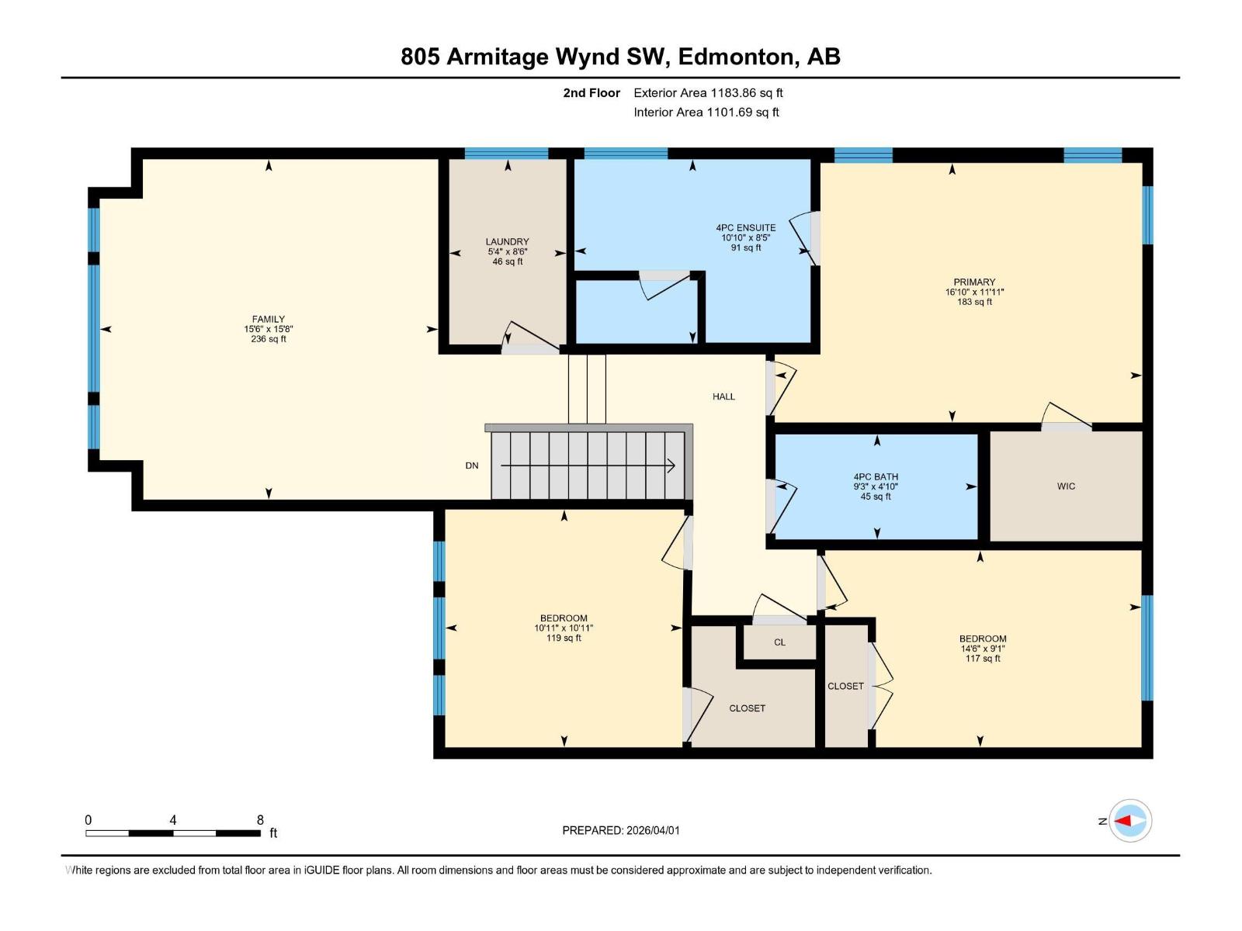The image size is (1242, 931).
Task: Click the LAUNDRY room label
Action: point(507,242)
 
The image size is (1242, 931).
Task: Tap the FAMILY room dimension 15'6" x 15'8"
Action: point(269,329)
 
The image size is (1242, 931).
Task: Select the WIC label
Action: point(1066,486)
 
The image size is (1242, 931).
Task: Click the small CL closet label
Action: point(779,642)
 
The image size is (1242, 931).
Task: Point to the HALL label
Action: point(723,396)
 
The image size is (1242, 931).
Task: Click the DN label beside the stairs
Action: point(472,465)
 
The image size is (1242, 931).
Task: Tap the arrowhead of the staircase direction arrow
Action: point(671,465)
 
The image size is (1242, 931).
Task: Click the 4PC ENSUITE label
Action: point(745,228)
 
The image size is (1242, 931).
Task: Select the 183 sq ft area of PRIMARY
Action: point(974,303)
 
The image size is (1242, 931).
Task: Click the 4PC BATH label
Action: point(876,477)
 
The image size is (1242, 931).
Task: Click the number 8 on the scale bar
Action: point(260,820)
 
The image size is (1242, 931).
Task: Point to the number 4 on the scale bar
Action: point(173,820)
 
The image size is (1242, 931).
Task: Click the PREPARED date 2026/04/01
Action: point(652,830)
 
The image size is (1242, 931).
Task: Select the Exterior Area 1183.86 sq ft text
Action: point(708,93)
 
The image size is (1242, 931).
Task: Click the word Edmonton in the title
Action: point(737,57)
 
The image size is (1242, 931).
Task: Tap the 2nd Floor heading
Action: point(592,93)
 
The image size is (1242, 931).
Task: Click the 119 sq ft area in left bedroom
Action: point(564,639)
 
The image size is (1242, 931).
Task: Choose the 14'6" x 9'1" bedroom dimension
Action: point(982,649)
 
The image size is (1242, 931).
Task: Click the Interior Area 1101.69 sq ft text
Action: point(706,112)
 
